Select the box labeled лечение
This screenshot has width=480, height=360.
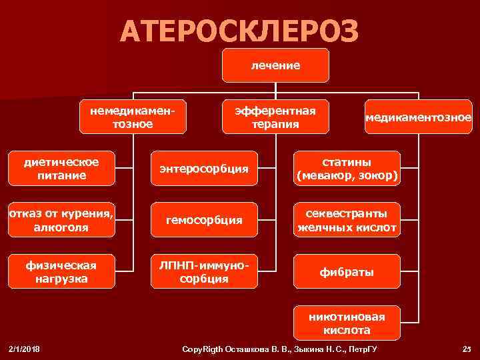(275, 65)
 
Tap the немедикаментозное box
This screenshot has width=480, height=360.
(133, 117)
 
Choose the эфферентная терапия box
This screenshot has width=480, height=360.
(271, 117)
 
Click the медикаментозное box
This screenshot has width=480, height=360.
(418, 117)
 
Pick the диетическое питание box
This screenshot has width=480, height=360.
(61, 169)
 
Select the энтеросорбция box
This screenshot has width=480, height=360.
(204, 169)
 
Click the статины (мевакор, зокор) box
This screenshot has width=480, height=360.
(347, 169)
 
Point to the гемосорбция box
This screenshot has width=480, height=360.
(204, 220)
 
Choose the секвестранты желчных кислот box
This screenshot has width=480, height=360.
(347, 220)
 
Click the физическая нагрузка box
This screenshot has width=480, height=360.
(61, 271)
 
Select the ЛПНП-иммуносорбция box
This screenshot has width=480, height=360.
(204, 271)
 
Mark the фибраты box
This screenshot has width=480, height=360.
(347, 272)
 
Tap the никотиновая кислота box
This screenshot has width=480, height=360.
(347, 323)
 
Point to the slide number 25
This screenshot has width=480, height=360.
(466, 350)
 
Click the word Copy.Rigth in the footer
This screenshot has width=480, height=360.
(205, 350)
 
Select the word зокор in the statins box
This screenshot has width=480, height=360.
(381, 177)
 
